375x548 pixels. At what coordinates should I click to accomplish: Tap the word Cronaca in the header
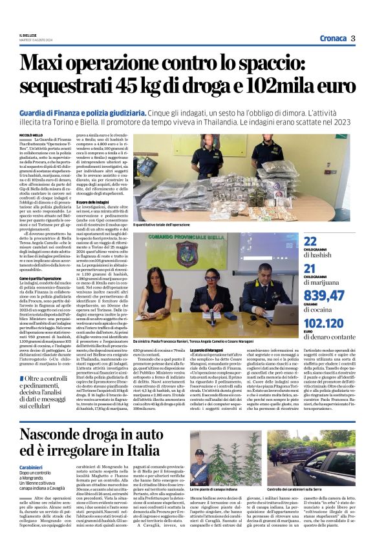click(328, 38)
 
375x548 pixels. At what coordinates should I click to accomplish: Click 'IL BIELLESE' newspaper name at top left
click(30, 36)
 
